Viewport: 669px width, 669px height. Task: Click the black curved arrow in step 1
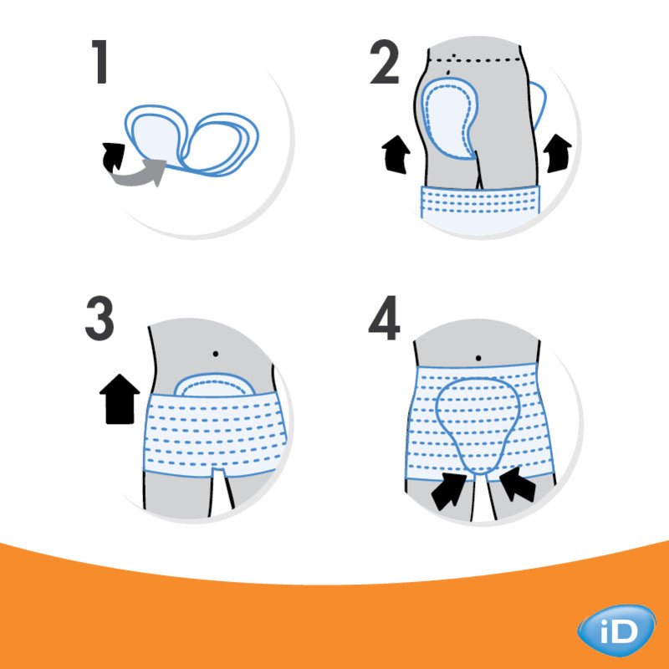(x=112, y=156)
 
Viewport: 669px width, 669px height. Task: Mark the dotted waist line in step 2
(x=481, y=59)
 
